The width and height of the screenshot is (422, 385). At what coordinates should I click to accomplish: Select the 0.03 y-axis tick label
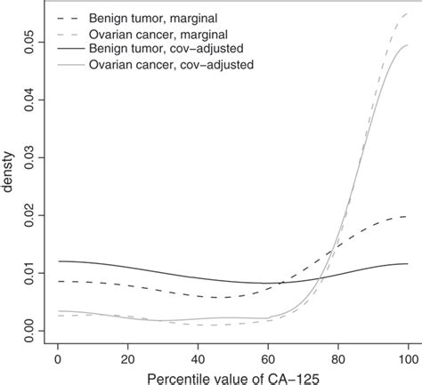30,157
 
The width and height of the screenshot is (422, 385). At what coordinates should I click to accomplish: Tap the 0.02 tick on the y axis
30,215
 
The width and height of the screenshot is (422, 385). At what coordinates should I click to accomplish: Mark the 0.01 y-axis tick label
30,272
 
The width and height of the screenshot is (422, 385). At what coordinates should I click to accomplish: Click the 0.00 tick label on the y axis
30,330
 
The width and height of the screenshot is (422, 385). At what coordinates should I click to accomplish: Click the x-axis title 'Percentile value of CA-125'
233,376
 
